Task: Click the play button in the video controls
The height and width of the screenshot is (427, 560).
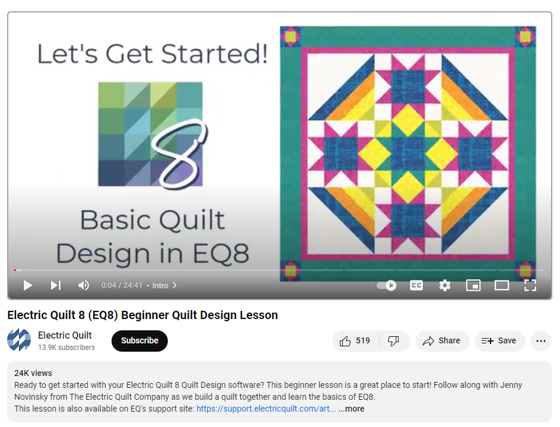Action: [x=28, y=285]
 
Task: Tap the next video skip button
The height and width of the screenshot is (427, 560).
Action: [x=56, y=285]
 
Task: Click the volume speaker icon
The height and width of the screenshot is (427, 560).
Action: [x=84, y=285]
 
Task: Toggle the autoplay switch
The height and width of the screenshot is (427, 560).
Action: [x=386, y=285]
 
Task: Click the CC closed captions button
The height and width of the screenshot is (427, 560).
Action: [x=416, y=285]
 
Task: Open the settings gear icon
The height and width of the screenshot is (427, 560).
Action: [x=445, y=285]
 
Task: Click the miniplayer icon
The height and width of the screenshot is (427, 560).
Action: [x=473, y=285]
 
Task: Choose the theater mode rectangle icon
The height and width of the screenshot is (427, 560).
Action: [x=502, y=285]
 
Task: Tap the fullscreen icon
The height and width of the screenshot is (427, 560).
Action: [x=530, y=285]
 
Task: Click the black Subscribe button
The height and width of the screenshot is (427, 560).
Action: [x=139, y=340]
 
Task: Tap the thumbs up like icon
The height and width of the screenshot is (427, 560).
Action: [x=345, y=342]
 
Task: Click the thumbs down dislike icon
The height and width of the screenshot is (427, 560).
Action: [x=393, y=342]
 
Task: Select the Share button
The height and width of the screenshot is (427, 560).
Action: [x=442, y=341]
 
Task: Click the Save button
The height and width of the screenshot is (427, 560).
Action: [x=500, y=341]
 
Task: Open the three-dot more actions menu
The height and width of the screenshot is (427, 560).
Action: [x=541, y=341]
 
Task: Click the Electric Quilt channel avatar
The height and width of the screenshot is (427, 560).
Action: [x=19, y=340]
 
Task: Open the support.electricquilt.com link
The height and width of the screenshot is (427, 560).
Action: [x=266, y=409]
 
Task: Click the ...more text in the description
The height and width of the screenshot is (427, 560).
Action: [x=351, y=409]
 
